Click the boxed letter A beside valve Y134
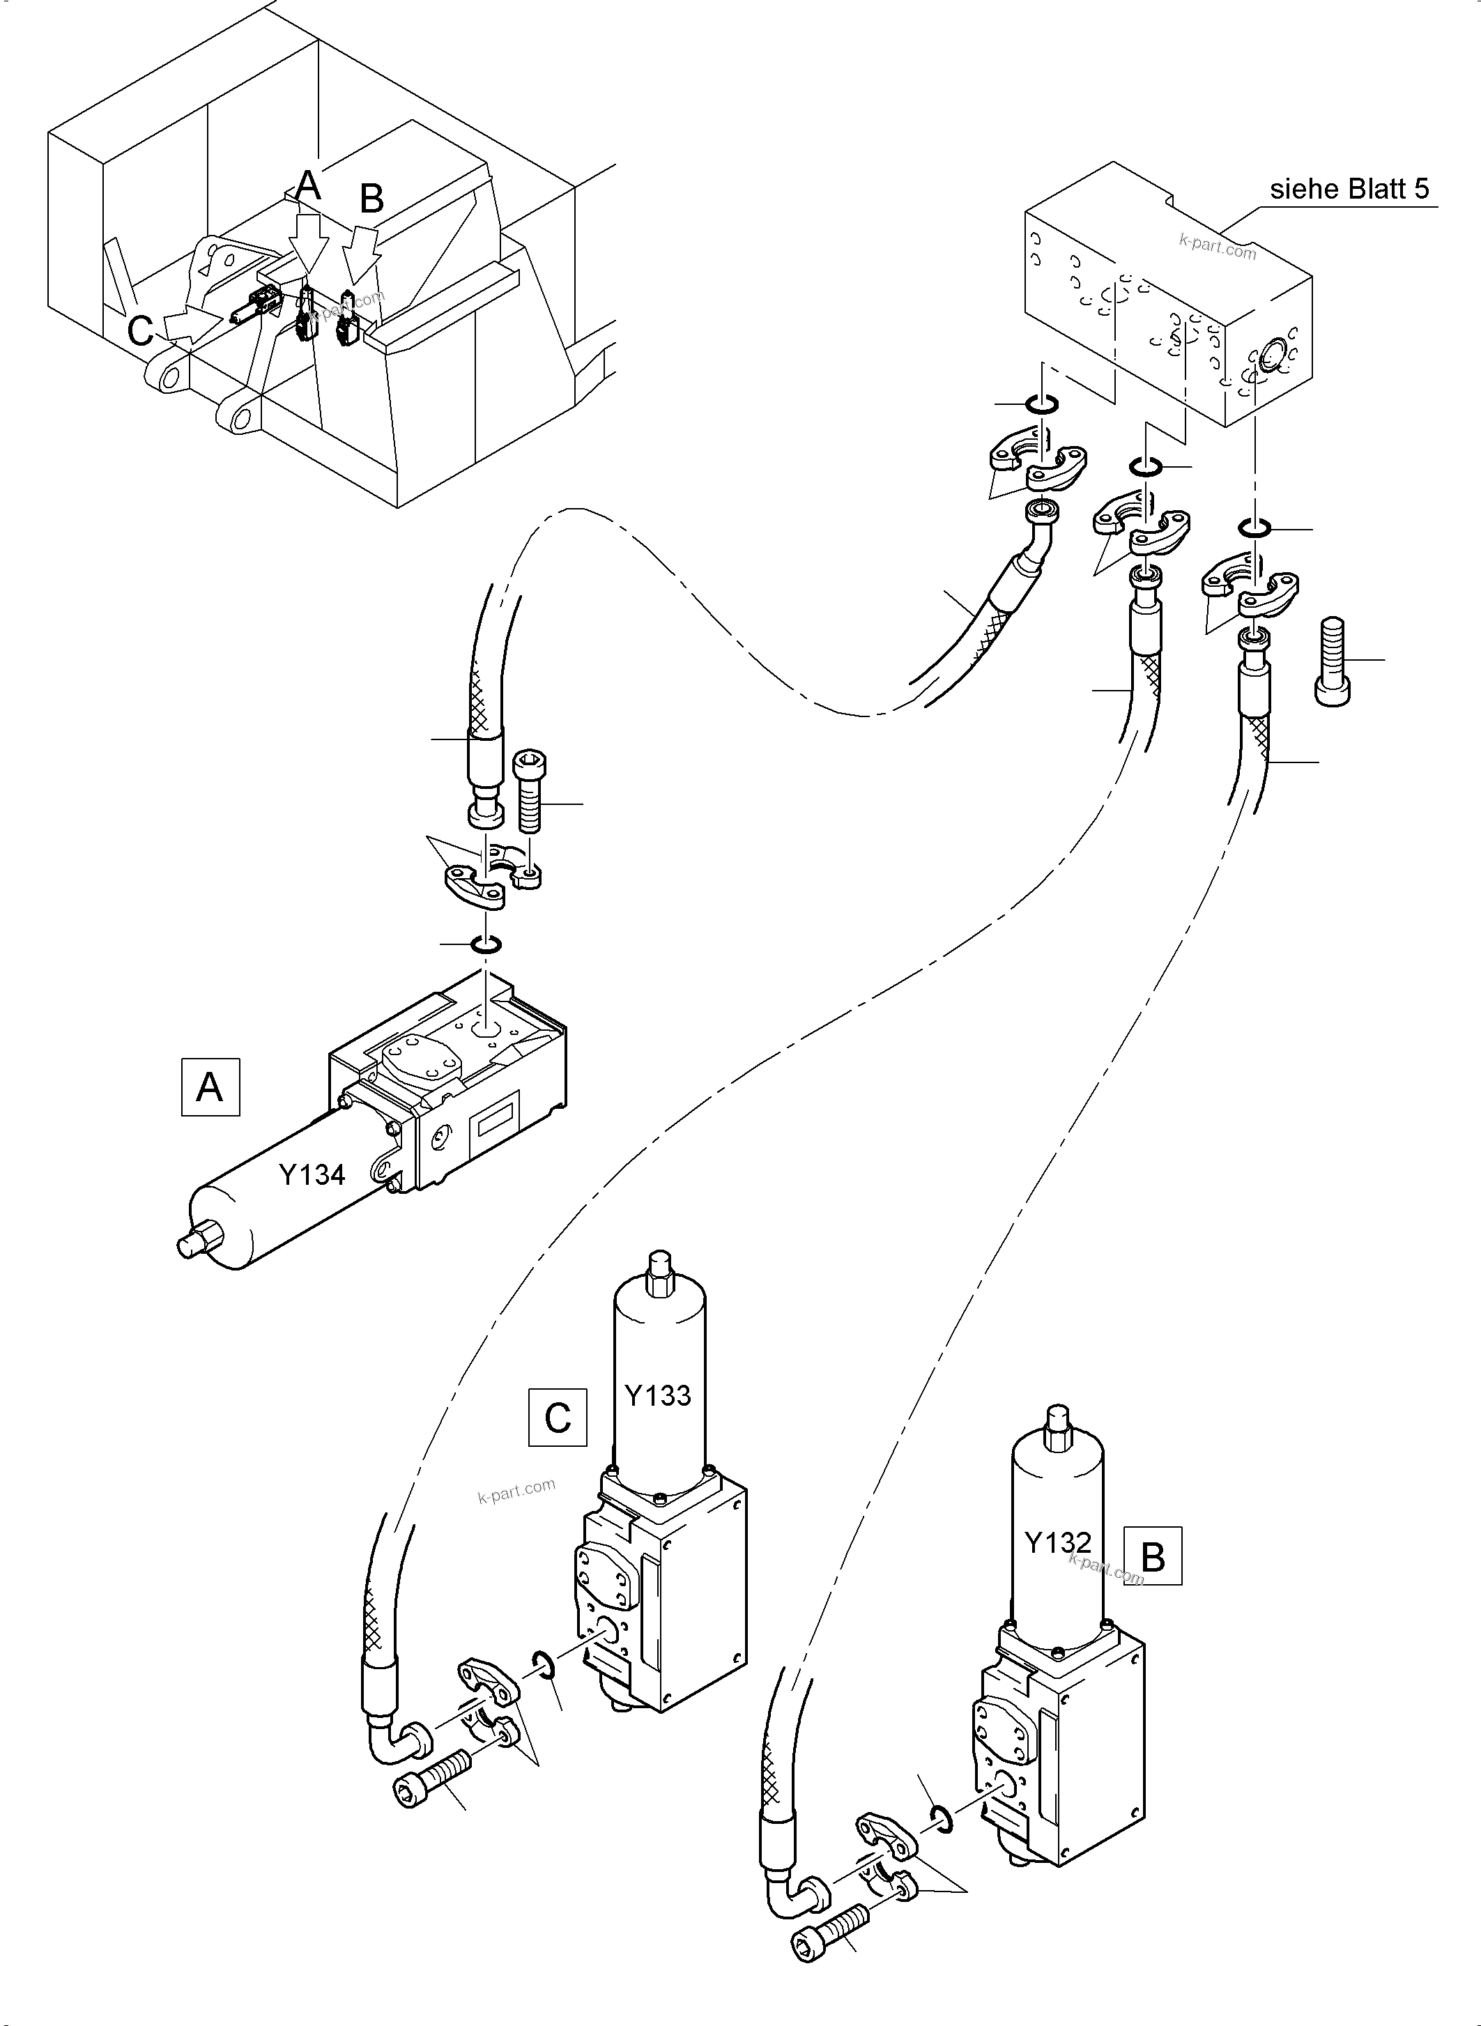(x=210, y=1087)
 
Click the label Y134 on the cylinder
(x=312, y=1174)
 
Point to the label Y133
(x=657, y=1395)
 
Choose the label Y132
(x=1058, y=1542)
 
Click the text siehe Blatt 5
(x=1349, y=189)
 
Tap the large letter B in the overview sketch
(x=371, y=198)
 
